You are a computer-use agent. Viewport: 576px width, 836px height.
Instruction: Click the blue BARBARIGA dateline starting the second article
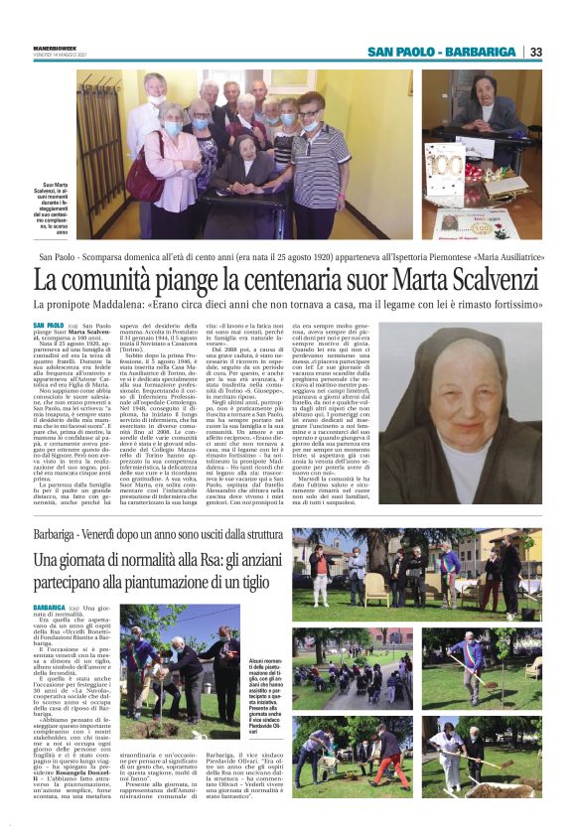pyautogui.click(x=50, y=605)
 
